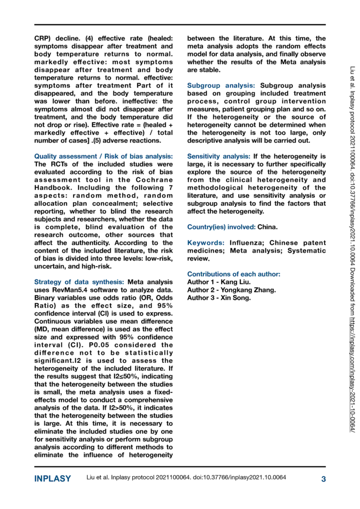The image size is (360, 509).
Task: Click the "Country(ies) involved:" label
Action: [221, 226]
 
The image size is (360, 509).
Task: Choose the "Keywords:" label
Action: [205, 243]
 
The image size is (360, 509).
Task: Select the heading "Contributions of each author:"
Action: [234, 274]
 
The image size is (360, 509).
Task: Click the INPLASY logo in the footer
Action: [53, 479]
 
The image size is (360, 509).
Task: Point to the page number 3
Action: [323, 479]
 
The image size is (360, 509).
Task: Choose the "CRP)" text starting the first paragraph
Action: [42, 37]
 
